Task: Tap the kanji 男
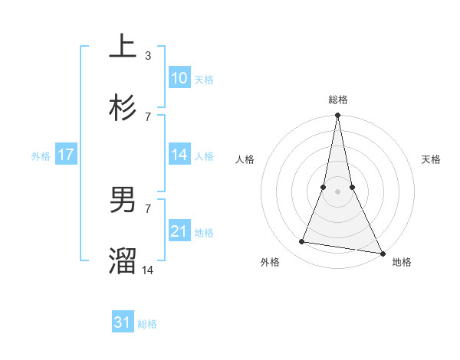[123, 200]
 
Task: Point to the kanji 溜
[123, 261]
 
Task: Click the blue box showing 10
[179, 78]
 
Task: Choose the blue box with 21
[179, 231]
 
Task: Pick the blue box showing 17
[66, 155]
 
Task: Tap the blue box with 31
[123, 323]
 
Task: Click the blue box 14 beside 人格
[179, 155]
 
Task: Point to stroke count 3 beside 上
[148, 56]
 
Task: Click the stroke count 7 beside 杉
[148, 116]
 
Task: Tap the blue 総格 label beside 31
[147, 324]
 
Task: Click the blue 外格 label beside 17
[41, 155]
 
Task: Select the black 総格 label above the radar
[337, 100]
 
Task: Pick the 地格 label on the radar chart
[402, 262]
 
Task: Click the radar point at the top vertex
[337, 116]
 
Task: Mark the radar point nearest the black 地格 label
[382, 254]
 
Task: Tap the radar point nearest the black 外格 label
[302, 242]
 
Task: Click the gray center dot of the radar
[337, 191]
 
